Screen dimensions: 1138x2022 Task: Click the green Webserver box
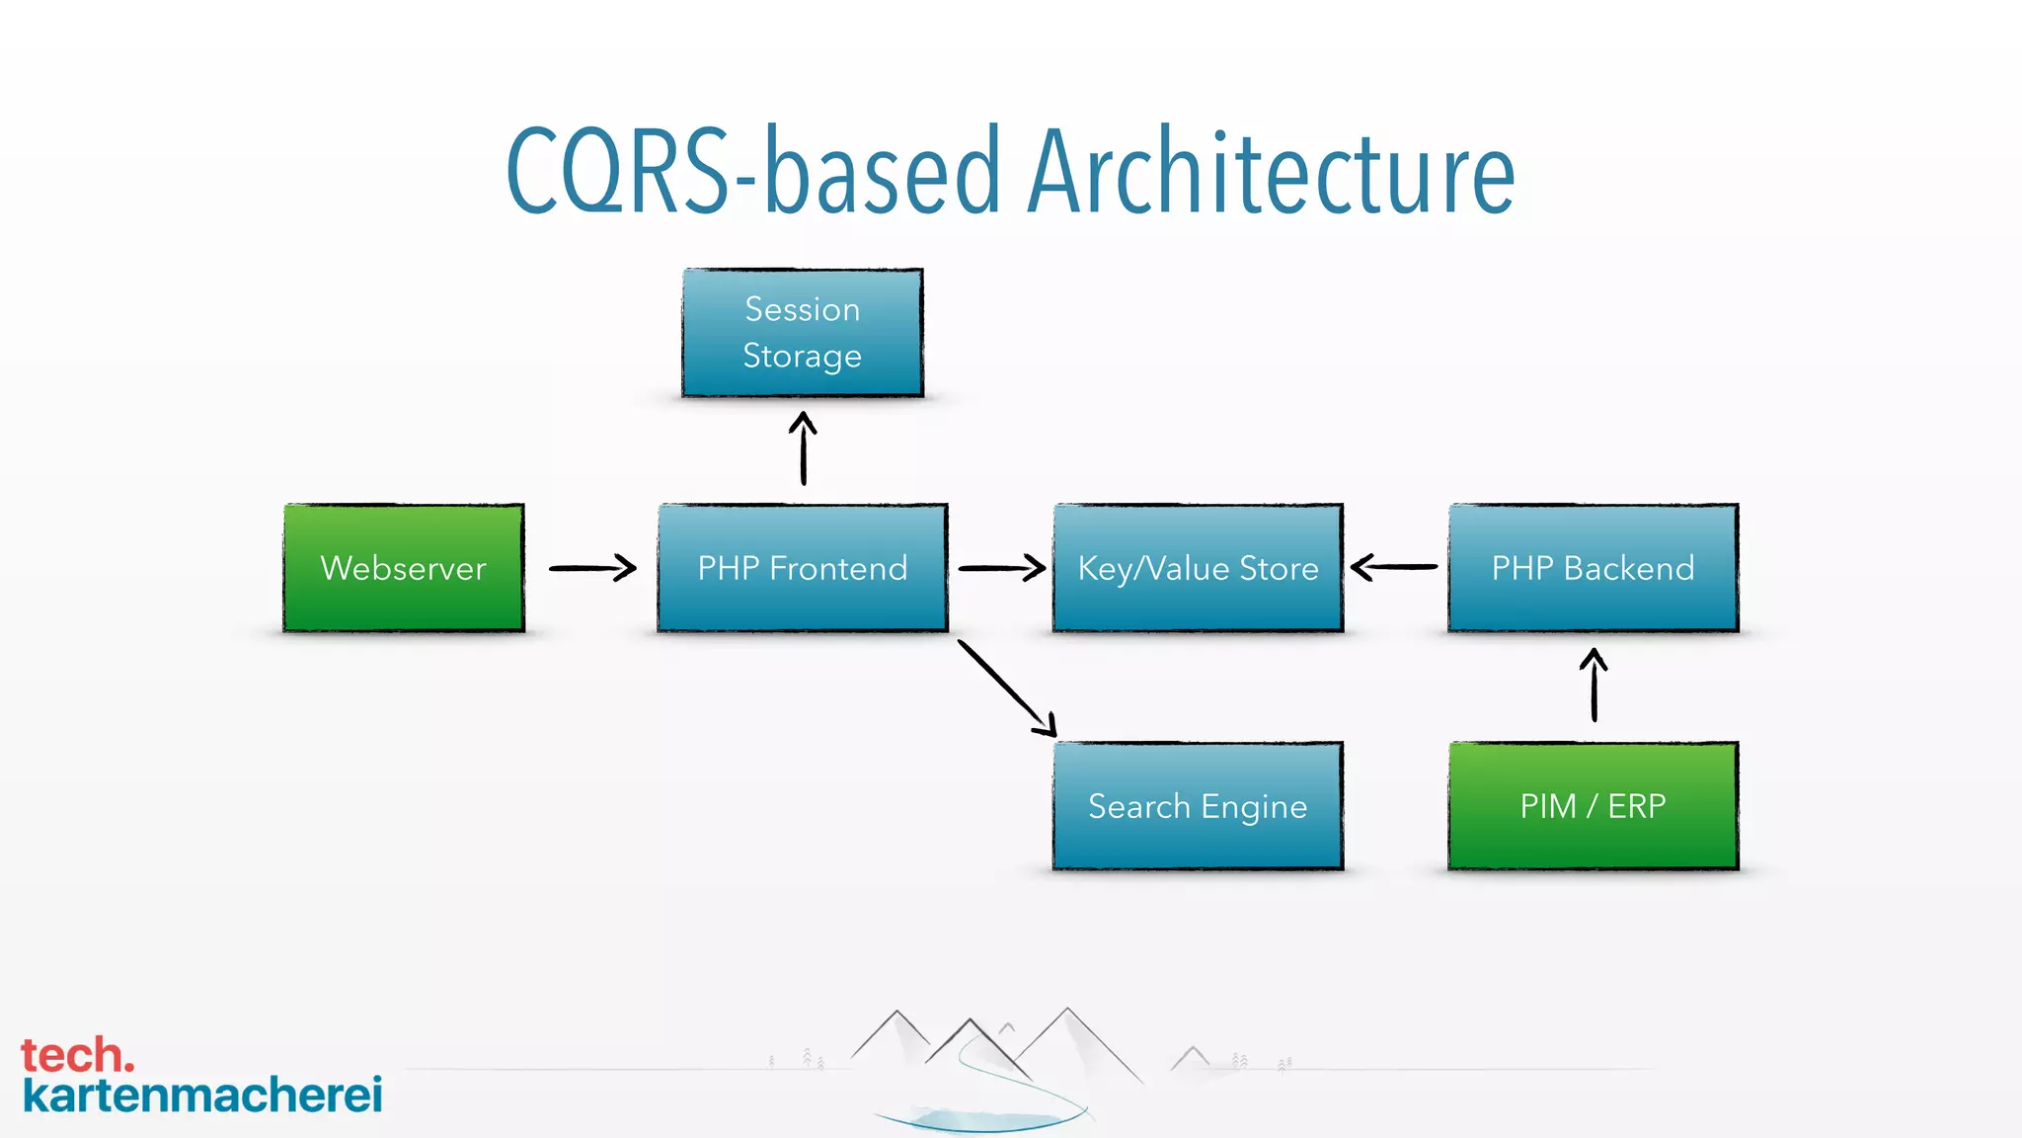coord(403,568)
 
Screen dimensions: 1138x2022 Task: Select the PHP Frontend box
coord(802,568)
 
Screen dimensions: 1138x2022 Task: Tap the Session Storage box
coord(802,332)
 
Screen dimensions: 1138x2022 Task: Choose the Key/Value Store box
coord(1198,568)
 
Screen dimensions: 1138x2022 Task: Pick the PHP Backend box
coord(1593,568)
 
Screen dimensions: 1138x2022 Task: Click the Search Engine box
coord(1198,806)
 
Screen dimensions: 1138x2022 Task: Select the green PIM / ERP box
coord(1593,806)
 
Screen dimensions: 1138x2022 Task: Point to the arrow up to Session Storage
coord(803,449)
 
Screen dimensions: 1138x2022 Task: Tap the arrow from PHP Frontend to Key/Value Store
coord(1001,568)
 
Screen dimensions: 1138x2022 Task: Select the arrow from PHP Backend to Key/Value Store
coord(1394,567)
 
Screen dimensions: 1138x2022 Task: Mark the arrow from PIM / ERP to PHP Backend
coord(1594,685)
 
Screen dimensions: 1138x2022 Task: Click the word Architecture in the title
coord(1271,173)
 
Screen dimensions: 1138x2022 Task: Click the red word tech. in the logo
coord(77,1055)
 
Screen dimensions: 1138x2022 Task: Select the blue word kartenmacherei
coord(202,1096)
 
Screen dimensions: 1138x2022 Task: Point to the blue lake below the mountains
coord(977,1120)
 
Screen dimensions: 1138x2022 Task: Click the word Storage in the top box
coord(802,356)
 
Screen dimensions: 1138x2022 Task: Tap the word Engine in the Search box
coord(1254,808)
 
